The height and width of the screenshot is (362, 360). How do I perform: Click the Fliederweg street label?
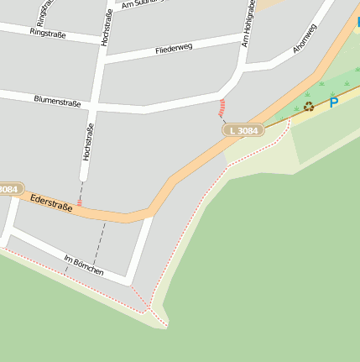tap(174, 50)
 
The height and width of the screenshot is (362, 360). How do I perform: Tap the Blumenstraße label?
tap(58, 102)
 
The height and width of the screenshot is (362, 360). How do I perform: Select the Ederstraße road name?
tap(50, 203)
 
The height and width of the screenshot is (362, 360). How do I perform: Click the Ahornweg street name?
tap(305, 39)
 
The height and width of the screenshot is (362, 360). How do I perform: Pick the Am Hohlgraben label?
tap(248, 23)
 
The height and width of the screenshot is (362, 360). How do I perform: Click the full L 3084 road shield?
tap(243, 130)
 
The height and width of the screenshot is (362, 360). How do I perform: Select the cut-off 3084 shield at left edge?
tap(8, 190)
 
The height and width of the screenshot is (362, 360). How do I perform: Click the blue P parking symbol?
tap(333, 103)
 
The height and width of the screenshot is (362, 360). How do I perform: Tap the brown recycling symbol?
tap(309, 107)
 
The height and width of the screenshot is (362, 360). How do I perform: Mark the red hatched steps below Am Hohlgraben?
tap(222, 108)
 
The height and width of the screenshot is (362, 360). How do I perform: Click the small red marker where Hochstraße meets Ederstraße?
tap(80, 202)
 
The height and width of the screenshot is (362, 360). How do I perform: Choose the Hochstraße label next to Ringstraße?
tap(106, 29)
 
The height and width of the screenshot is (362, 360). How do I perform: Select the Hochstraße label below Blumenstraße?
tap(87, 142)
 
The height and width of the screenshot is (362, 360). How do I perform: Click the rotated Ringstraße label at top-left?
tap(42, 12)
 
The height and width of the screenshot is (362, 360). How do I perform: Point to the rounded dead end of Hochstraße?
tap(84, 176)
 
